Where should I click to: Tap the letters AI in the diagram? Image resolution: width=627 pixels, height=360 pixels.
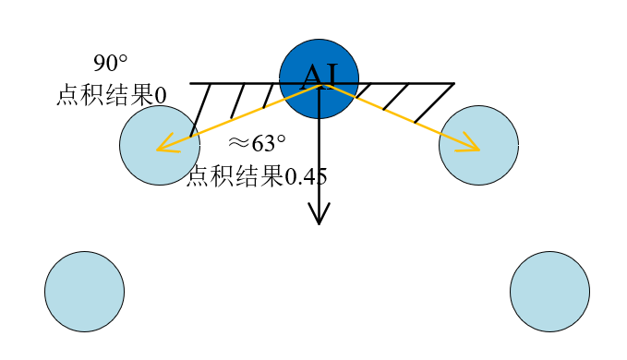pos(319,74)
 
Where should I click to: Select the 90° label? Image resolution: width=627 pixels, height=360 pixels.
pos(111,64)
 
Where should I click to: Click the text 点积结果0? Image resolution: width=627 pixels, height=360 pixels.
pos(111,95)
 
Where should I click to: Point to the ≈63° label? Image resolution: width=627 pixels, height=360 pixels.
pos(257,143)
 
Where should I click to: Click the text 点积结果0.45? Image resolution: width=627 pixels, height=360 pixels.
pos(257,175)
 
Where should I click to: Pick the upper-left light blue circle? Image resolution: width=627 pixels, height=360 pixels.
pos(160,145)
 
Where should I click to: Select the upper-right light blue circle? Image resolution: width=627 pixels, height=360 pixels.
pos(478,145)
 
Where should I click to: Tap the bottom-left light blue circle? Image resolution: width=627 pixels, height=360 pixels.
pos(84,291)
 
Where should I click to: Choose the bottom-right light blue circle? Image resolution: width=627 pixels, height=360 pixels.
pos(549,291)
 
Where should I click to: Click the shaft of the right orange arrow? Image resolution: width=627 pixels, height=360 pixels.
pos(397,115)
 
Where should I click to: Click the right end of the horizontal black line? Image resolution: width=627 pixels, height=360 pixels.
pos(453,84)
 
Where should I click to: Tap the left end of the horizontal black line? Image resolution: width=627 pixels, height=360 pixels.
pos(191,84)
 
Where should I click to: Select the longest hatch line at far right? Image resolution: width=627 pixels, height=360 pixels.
pos(434,102)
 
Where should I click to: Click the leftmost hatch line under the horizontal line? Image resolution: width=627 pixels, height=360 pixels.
pos(200,110)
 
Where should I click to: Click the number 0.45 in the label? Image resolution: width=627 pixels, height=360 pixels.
pos(305,175)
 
